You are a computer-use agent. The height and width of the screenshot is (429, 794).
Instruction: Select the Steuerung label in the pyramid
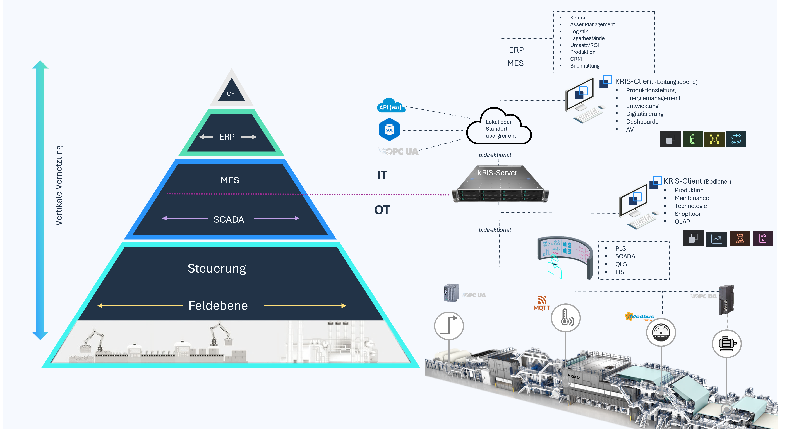click(217, 268)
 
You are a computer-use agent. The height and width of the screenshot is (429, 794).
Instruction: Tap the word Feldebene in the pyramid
click(218, 306)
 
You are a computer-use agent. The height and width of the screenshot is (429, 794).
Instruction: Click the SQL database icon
click(389, 130)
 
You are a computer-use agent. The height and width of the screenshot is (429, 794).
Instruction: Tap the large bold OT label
click(382, 210)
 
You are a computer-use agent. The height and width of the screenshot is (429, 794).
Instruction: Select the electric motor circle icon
click(726, 344)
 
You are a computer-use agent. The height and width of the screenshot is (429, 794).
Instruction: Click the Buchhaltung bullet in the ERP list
click(584, 66)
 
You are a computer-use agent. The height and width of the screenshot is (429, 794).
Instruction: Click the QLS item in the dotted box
click(621, 264)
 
